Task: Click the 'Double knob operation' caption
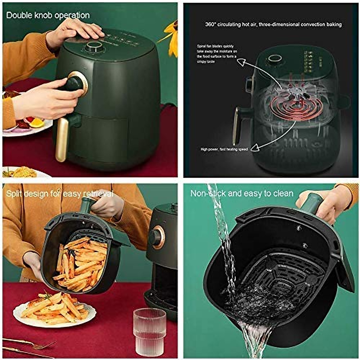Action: click(x=48, y=15)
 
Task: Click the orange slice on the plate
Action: click(x=37, y=122)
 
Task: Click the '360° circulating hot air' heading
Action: click(x=273, y=24)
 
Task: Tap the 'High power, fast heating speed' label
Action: click(x=224, y=149)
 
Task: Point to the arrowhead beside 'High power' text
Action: click(x=255, y=147)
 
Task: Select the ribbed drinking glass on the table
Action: click(x=149, y=331)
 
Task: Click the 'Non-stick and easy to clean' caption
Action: click(x=242, y=193)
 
